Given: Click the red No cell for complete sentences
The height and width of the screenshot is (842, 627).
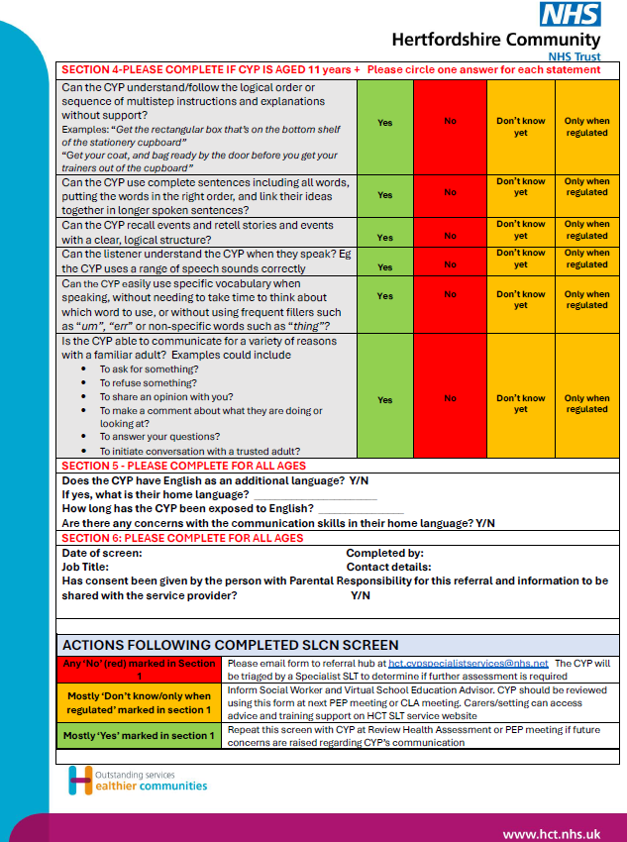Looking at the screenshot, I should [x=451, y=193].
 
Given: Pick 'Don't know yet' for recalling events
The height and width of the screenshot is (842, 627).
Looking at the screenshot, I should [x=521, y=231].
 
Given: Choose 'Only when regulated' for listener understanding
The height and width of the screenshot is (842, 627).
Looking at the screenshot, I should [x=587, y=260].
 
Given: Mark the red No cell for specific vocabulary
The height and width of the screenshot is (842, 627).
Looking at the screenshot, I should [x=451, y=295].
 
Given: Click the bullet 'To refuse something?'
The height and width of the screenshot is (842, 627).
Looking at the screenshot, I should [x=149, y=382].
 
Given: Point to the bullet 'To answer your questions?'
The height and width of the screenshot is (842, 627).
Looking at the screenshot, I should [x=159, y=436].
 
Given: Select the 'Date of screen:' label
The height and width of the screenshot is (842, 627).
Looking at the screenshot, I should [x=102, y=553].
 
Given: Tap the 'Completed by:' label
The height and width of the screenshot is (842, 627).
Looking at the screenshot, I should [x=385, y=553].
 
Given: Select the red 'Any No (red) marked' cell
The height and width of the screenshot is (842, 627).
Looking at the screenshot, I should [x=140, y=670].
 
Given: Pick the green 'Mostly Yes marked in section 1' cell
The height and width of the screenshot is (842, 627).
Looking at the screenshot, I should [x=140, y=735].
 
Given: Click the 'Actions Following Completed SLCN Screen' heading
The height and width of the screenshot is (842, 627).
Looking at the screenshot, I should [x=231, y=645].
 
